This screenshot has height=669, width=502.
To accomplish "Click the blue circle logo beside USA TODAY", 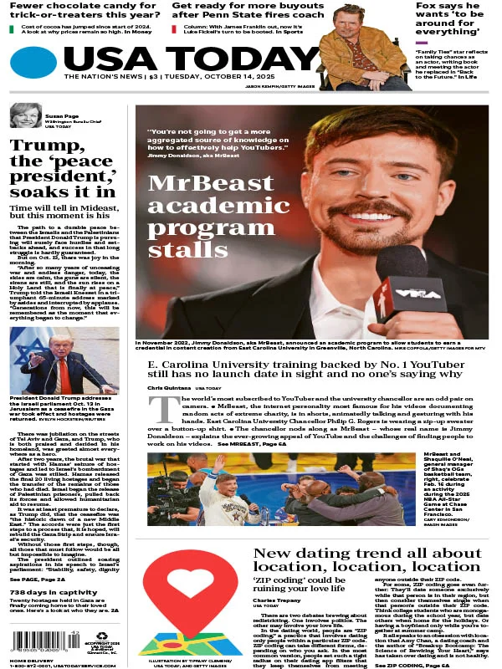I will (x=33, y=63).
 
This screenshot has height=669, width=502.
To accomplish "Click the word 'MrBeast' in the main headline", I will (x=197, y=185).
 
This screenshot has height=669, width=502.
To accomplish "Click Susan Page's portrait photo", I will (x=23, y=115).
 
